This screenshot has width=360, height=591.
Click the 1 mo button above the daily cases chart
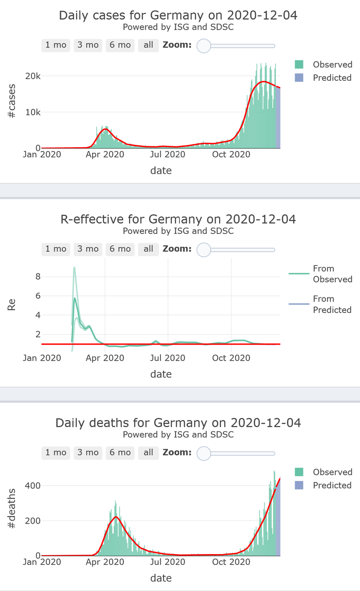coord(56,45)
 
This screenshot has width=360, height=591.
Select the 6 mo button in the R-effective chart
coord(120,249)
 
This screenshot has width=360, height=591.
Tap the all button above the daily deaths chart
coord(148,452)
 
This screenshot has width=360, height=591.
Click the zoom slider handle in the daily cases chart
coord(203,45)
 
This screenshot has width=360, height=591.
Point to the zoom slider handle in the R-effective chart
coord(203,249)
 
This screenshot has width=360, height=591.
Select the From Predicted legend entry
coord(332,304)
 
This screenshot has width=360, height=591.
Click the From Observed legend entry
coord(332,274)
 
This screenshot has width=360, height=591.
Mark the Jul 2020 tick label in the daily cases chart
coord(167,155)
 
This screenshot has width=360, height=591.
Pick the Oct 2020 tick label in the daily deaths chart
coord(231,561)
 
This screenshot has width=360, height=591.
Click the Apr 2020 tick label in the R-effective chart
coord(105,358)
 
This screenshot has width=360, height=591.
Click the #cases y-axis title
coord(11,100)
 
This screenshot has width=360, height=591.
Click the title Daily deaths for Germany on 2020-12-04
coord(178,423)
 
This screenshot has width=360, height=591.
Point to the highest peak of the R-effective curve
coord(74,268)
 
